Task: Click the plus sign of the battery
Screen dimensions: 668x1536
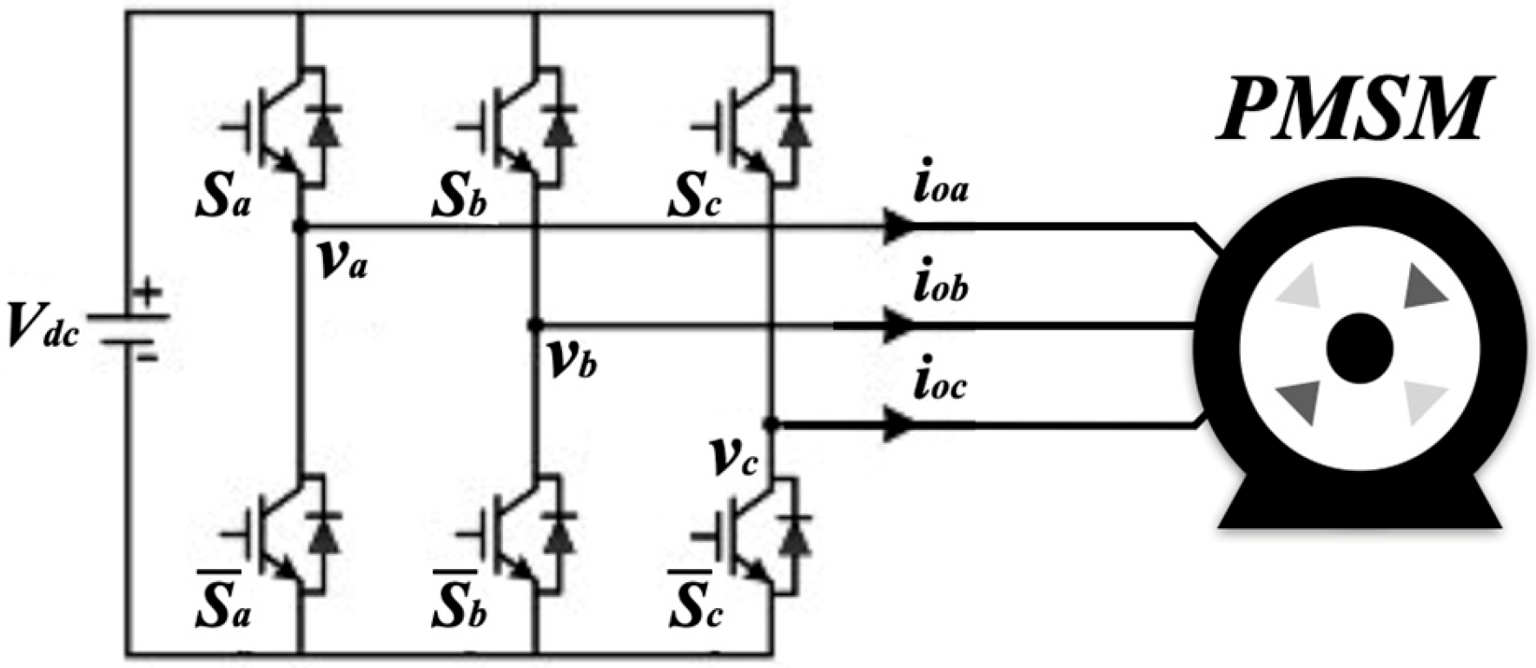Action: (x=148, y=292)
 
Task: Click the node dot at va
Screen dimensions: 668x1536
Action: (x=300, y=227)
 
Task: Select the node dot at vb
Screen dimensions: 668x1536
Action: (x=535, y=326)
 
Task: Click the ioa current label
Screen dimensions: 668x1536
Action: (x=940, y=188)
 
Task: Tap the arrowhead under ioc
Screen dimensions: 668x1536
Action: (x=897, y=425)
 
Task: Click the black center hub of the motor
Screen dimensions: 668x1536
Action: (x=1360, y=348)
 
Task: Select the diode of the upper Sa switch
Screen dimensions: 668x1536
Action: (x=325, y=129)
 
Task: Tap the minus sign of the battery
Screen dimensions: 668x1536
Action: (x=148, y=355)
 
